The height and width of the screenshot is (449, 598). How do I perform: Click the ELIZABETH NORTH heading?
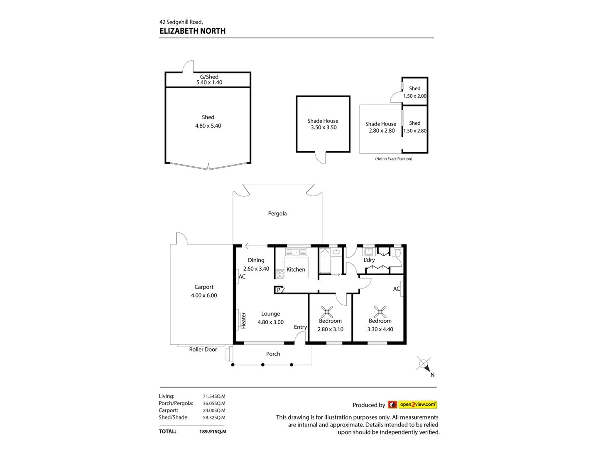coord(192,31)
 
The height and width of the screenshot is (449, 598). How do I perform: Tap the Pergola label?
coord(277,214)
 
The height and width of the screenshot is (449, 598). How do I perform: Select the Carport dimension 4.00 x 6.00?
coord(204,296)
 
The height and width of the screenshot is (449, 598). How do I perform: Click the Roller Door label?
coord(203,350)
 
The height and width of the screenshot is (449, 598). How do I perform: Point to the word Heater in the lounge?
coord(244,321)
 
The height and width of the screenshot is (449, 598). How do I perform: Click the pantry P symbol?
coord(279,290)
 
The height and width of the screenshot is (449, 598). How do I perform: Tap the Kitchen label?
coord(296,269)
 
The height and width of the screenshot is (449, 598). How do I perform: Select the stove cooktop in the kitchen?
coord(280,274)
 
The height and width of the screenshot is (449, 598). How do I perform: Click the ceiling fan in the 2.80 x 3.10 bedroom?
coord(327,312)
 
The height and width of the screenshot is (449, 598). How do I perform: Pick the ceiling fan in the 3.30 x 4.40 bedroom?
coord(380,312)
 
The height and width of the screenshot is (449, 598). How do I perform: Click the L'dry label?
coord(369,260)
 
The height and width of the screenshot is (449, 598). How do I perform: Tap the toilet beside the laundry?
coord(397,252)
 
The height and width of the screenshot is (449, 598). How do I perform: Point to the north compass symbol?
coord(424,365)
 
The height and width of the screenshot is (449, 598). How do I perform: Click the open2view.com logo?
coord(412,405)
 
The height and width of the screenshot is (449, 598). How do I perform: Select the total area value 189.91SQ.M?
coord(213,432)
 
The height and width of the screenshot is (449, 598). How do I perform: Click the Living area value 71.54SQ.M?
coord(214,397)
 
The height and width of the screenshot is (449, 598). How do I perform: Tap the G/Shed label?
coord(209,77)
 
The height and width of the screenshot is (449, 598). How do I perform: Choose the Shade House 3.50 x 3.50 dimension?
coord(324,128)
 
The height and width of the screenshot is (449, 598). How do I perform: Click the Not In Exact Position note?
coord(393,159)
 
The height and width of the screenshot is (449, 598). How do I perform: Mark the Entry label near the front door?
coord(300,327)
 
